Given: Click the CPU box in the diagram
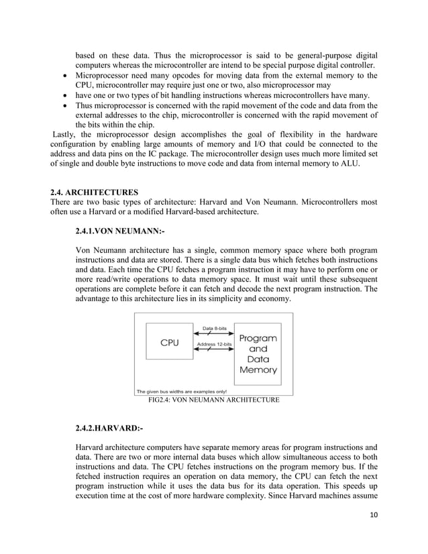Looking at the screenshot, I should pyautogui.click(x=168, y=342).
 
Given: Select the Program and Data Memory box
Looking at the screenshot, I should pyautogui.click(x=258, y=354).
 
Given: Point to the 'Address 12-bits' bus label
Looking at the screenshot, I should pyautogui.click(x=214, y=344).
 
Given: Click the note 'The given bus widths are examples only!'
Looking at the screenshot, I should pyautogui.click(x=182, y=392).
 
